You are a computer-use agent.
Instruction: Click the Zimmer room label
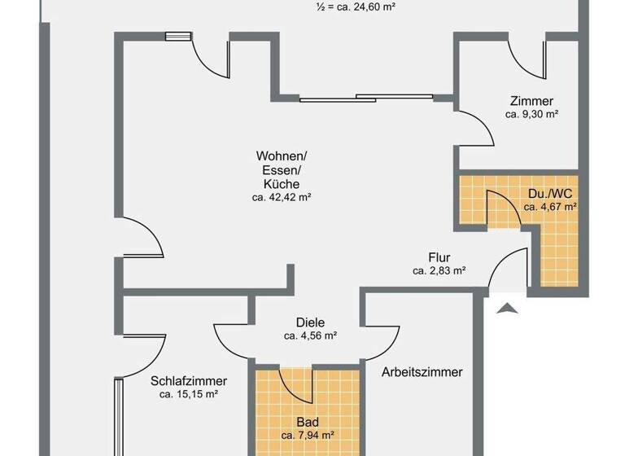(x=531, y=101)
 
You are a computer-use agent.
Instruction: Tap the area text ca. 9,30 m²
(x=531, y=115)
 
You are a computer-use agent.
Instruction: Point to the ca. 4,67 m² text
(x=550, y=207)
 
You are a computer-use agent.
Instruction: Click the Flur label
(x=439, y=256)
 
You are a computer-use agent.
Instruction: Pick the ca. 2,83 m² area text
(x=439, y=270)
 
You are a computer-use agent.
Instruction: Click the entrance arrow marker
(x=506, y=307)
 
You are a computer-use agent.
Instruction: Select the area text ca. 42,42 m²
(x=282, y=197)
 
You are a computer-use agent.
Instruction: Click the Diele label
(x=310, y=322)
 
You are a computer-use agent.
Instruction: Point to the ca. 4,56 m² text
(x=310, y=335)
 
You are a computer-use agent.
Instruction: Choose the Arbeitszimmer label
(x=422, y=372)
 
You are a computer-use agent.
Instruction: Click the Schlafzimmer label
(x=189, y=381)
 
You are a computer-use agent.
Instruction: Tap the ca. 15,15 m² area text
(x=189, y=394)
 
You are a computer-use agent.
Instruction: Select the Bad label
(x=308, y=423)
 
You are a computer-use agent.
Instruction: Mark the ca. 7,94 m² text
(x=308, y=436)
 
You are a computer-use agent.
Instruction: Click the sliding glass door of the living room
(x=366, y=99)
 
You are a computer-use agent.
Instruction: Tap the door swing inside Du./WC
(x=500, y=207)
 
